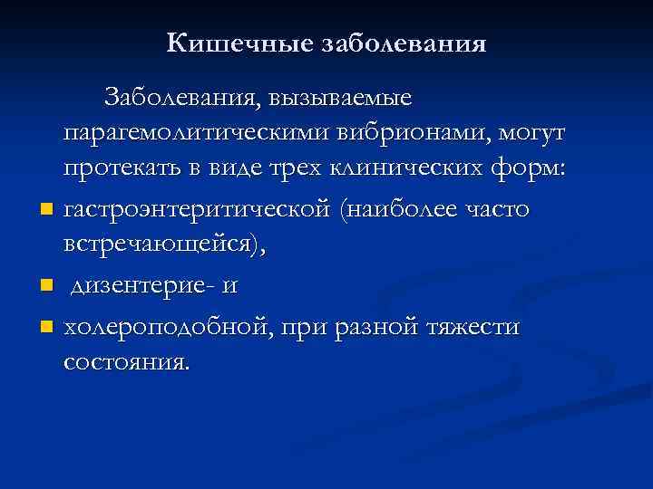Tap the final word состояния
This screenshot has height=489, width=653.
[x=127, y=362]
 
